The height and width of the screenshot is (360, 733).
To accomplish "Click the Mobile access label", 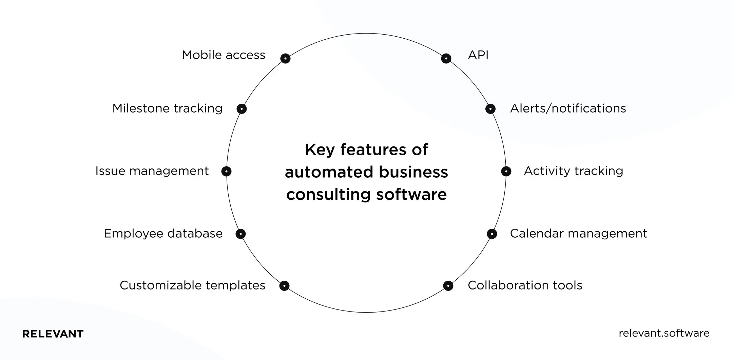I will point(223,55).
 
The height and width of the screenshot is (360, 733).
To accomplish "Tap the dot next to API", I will point(446,58).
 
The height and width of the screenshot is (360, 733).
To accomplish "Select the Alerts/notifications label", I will point(568,108).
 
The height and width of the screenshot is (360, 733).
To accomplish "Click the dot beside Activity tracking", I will point(506,171).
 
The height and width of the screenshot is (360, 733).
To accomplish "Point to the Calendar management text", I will point(578,234).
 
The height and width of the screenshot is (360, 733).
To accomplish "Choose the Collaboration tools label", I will point(525,285).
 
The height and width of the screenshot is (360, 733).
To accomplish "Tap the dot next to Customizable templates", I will point(284,286).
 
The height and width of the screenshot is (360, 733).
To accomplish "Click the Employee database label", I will point(163,234).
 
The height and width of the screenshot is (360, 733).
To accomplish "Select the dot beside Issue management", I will point(226,171).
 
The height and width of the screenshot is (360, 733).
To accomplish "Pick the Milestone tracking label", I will point(167,108).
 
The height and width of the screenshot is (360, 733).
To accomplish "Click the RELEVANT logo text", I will point(53,334).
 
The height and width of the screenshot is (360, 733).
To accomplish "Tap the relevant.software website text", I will point(664,333).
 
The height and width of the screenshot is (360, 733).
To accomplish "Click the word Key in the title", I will point(320,150).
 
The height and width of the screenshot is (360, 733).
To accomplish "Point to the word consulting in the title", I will point(328,195).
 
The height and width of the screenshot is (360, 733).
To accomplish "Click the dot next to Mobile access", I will point(285,58).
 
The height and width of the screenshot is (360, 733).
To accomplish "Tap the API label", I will point(478,55).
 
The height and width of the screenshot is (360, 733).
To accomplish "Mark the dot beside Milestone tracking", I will point(242,109).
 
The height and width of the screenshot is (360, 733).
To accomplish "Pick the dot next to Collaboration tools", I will point(448,286).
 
